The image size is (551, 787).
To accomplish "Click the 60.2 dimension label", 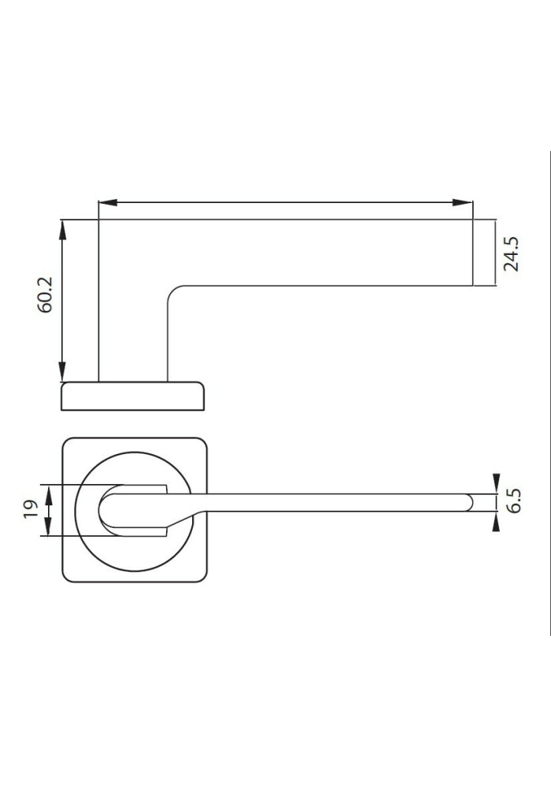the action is point(45,294).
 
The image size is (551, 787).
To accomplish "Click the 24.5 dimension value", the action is point(512,254).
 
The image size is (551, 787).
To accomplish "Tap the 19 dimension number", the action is point(31,509).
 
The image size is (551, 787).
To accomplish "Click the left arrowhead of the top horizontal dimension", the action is point(108,203).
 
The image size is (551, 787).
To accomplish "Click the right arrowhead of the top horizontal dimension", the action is point(463,203).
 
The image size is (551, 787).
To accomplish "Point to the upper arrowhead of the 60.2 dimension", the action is point(62,230).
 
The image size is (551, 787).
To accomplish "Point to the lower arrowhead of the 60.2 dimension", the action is point(62,371).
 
